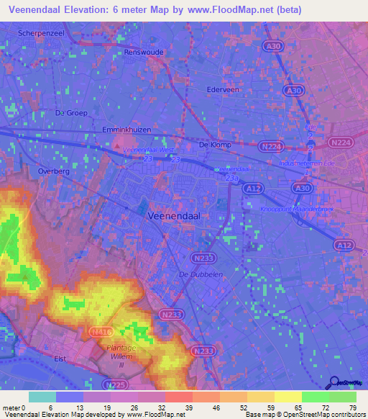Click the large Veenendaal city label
174,215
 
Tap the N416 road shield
100,332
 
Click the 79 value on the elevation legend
351,407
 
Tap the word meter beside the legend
10,407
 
